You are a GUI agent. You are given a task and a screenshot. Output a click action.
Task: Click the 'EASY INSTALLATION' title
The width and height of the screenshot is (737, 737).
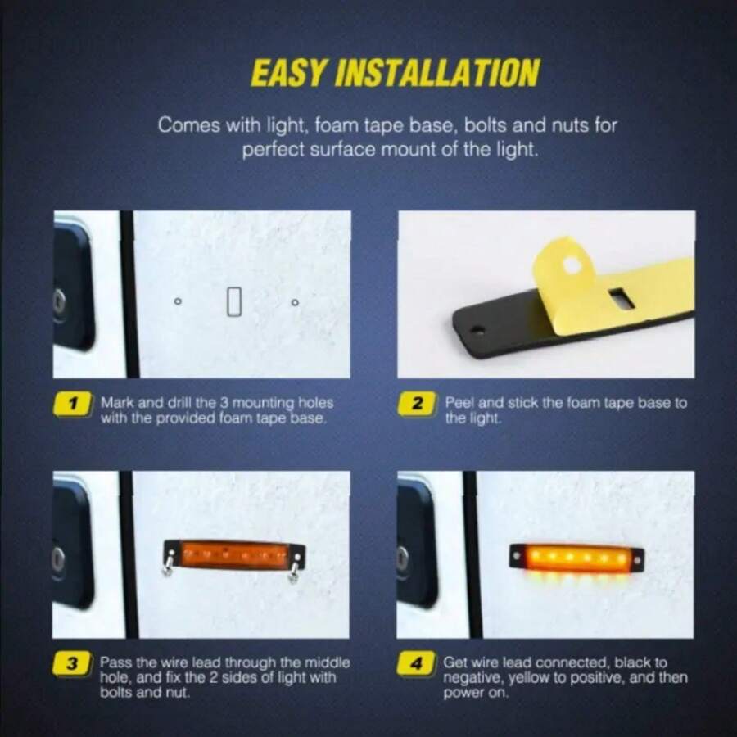click(x=395, y=73)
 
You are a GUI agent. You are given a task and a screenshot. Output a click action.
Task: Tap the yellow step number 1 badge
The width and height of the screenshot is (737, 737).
click(x=73, y=404)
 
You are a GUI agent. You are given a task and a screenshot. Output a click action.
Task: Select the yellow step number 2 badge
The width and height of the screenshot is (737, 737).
click(x=418, y=404)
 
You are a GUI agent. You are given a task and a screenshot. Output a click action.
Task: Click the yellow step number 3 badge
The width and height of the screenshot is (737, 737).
click(x=73, y=664)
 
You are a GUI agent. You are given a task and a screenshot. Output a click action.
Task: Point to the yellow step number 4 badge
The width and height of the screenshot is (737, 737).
click(x=418, y=664)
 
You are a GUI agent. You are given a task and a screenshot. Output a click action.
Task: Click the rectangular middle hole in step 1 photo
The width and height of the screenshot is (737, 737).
click(x=235, y=301)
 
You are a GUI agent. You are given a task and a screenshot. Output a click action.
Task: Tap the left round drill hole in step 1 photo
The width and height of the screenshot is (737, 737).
click(x=178, y=302)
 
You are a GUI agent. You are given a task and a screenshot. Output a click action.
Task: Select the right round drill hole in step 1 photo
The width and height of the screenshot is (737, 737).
click(x=295, y=302)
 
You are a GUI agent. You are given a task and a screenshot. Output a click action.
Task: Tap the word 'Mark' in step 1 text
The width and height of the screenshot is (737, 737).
click(x=115, y=404)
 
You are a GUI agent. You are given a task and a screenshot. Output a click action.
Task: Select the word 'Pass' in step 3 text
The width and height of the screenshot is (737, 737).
click(x=115, y=662)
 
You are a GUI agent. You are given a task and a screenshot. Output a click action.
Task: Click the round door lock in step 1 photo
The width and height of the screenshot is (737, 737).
click(x=59, y=301)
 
